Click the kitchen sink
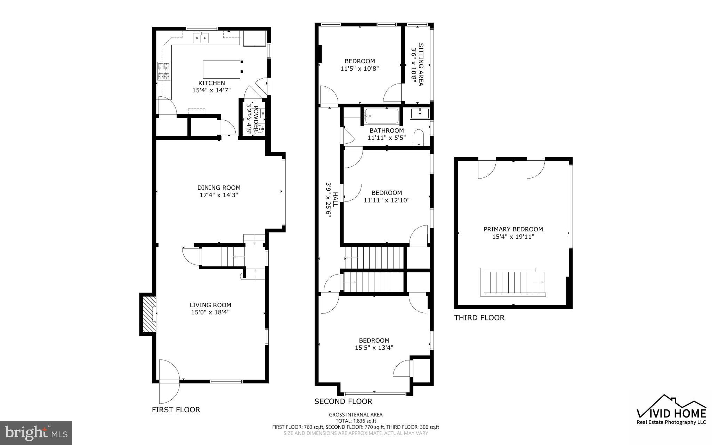[201, 38]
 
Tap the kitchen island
[222, 69]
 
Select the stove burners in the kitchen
[164, 71]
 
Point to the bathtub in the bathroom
[381, 116]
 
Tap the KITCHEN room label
[211, 83]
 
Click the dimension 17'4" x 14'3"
[219, 195]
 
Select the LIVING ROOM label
[210, 305]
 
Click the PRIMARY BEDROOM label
[513, 229]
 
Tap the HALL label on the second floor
[335, 199]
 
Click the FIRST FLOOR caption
[176, 410]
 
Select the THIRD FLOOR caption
[479, 318]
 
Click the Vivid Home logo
[671, 411]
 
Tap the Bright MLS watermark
[36, 433]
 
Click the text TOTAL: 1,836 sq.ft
[356, 421]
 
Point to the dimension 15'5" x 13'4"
[374, 348]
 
